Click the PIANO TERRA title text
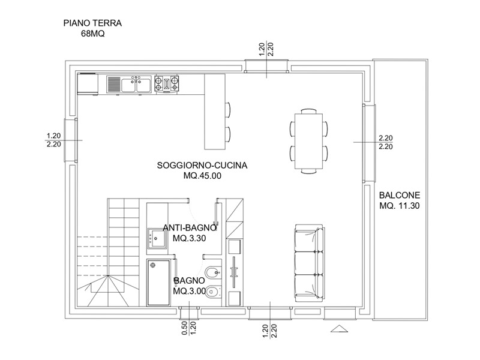pyautogui.click(x=92, y=23)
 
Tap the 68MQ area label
pyautogui.click(x=93, y=34)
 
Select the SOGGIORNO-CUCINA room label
pyautogui.click(x=202, y=166)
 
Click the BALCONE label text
pyautogui.click(x=400, y=196)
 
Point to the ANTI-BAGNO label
pyautogui.click(x=190, y=228)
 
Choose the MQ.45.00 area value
pyautogui.click(x=202, y=176)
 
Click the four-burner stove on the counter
pyautogui.click(x=167, y=83)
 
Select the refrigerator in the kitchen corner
pyautogui.click(x=88, y=83)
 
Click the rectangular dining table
pyautogui.click(x=308, y=141)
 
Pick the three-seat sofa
pyautogui.click(x=309, y=262)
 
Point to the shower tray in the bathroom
pyautogui.click(x=158, y=282)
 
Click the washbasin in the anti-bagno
pyautogui.click(x=157, y=238)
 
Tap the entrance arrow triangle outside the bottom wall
pyautogui.click(x=339, y=328)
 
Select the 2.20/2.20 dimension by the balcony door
pyautogui.click(x=386, y=142)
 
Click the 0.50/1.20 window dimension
pyautogui.click(x=188, y=328)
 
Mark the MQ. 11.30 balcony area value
pyautogui.click(x=400, y=206)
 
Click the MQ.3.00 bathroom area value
pyautogui.click(x=189, y=291)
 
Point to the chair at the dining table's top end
pyautogui.click(x=308, y=111)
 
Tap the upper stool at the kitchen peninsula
pyautogui.click(x=227, y=110)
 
